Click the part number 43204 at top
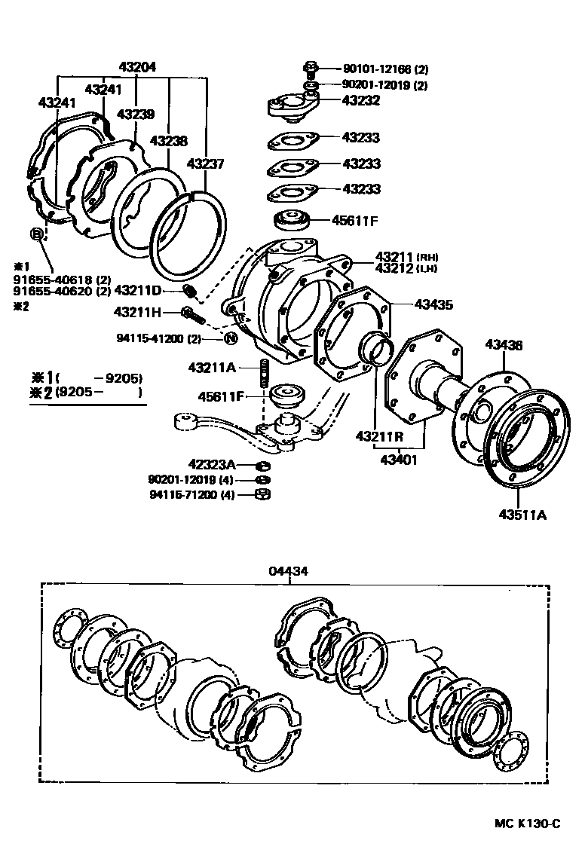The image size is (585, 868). coord(138,66)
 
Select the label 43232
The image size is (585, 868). coord(360,99)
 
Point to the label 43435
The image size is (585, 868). coord(433,305)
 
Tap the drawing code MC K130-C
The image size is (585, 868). coord(527,823)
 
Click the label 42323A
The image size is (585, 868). coord(212,464)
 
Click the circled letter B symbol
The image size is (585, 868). coord(36,234)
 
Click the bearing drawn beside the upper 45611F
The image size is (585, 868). coord(293,222)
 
